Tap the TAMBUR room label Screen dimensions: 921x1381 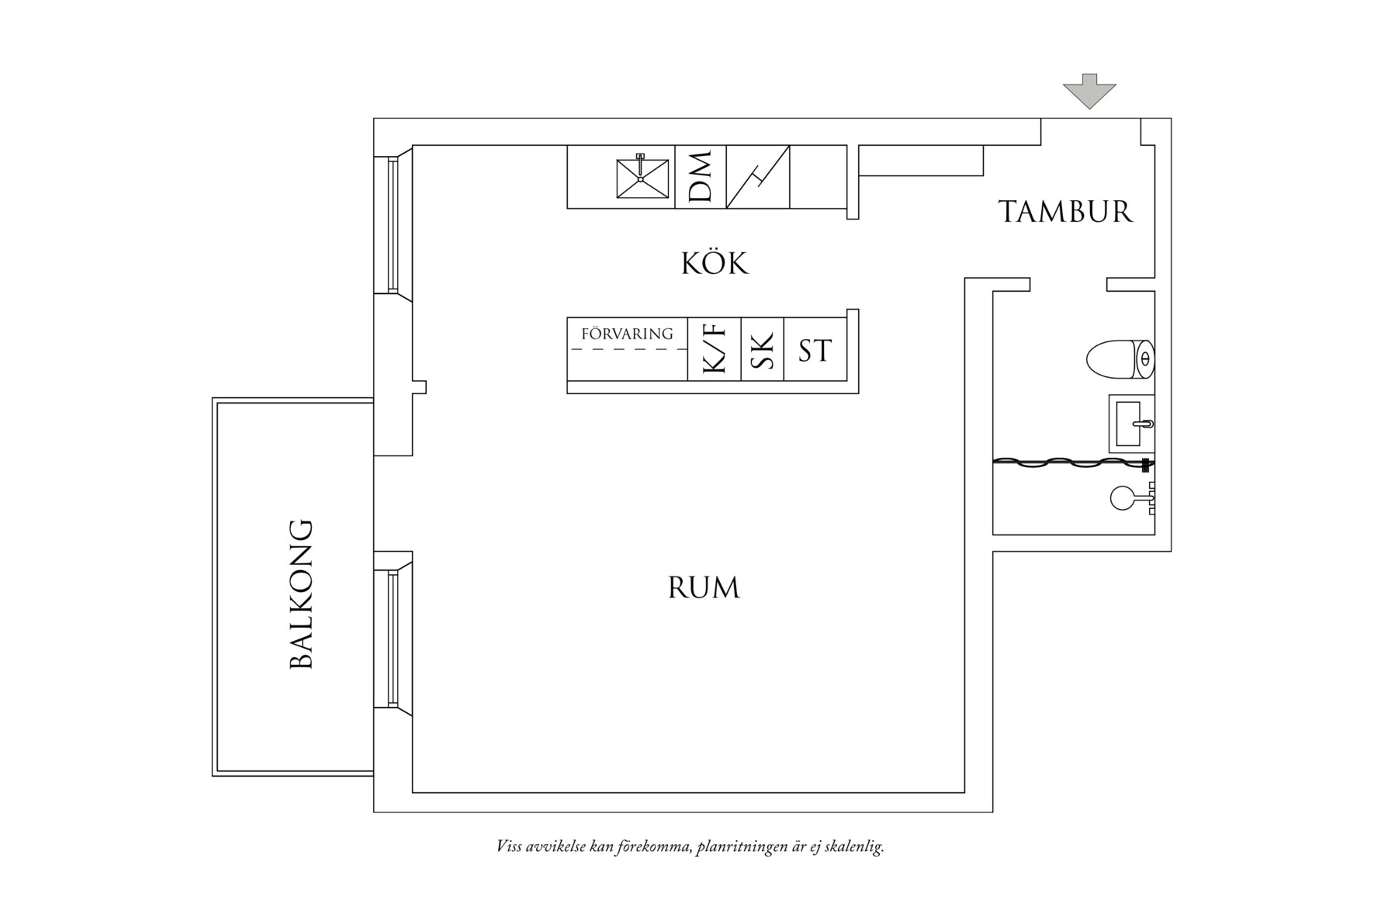(1065, 212)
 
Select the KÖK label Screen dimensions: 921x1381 (715, 264)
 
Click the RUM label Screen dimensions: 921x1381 (704, 588)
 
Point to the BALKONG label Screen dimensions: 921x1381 (301, 594)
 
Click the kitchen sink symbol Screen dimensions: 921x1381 (642, 178)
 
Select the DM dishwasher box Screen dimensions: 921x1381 (700, 177)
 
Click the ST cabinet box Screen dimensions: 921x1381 (815, 350)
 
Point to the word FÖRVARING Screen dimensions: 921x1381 (627, 334)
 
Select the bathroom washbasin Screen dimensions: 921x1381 (1132, 424)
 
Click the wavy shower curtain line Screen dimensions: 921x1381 (1071, 463)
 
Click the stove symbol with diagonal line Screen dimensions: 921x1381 (757, 177)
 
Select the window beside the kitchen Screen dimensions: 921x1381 (393, 225)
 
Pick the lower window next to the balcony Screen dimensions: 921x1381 (393, 639)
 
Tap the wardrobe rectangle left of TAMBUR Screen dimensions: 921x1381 (921, 161)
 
